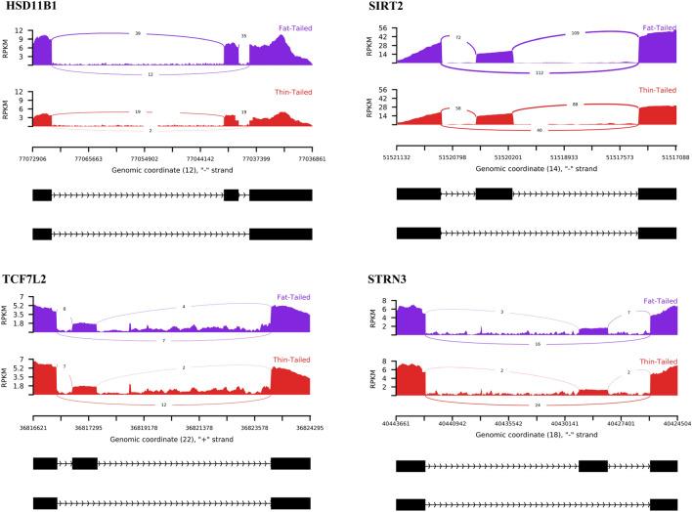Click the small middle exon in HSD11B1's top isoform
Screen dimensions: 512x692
232,194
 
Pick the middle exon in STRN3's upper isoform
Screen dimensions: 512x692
593,466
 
